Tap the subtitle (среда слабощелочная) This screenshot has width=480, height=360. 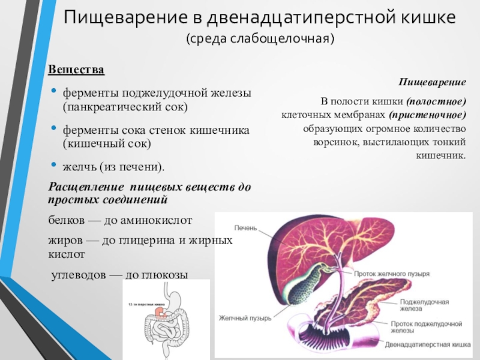(259, 40)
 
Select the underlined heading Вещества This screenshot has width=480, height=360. (76, 70)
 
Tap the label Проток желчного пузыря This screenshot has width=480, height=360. (391, 273)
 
